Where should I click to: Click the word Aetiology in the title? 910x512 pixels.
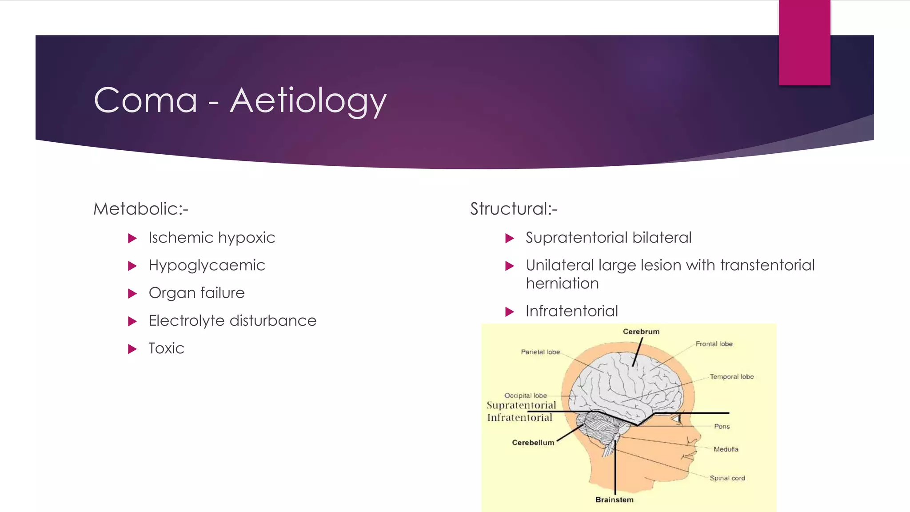tap(308, 101)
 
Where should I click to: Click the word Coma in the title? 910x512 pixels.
tap(146, 101)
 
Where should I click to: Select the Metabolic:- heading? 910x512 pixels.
tap(141, 209)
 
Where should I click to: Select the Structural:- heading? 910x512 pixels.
tap(514, 209)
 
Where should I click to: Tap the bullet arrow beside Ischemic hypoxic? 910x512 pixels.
tap(132, 238)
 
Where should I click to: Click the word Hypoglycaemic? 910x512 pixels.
tap(207, 265)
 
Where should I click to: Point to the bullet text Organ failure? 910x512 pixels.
tap(196, 293)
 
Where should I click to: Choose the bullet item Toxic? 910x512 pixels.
tap(166, 348)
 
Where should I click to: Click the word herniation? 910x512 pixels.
tap(562, 284)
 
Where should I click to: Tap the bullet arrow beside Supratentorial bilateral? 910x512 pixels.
tap(509, 238)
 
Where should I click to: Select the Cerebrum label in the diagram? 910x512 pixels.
tap(641, 332)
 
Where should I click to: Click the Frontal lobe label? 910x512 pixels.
tap(714, 344)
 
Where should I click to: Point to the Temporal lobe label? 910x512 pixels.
tap(731, 377)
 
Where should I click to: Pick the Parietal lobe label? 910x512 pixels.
tap(540, 352)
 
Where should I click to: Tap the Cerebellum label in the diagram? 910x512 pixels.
tap(533, 443)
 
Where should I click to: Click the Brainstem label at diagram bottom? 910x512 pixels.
tap(614, 500)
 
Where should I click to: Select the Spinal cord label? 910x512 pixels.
tap(727, 478)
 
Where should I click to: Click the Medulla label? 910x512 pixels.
tap(726, 449)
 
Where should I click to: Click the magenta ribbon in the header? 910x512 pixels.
tap(804, 43)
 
